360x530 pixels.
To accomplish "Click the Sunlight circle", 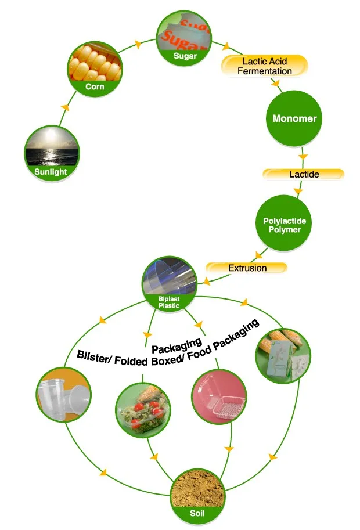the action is point(52,153).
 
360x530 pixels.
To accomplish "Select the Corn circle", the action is point(95,68).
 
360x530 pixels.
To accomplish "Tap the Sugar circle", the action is point(184,38).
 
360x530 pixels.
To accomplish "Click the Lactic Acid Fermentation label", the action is point(265,66).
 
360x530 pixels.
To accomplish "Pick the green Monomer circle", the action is point(294,118).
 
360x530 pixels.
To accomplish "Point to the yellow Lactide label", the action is point(304,174).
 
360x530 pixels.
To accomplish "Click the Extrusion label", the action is point(247,268).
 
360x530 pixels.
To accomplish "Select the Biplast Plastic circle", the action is point(169,284).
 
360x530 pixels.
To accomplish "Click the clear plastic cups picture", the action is point(63,395).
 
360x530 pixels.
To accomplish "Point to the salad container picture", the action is point(143,410).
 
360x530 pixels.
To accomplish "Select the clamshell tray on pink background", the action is point(219,396).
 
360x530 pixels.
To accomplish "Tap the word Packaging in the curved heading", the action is point(177,345).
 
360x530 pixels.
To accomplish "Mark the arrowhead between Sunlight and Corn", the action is point(65,107).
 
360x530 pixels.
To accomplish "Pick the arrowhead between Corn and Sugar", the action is point(138,44).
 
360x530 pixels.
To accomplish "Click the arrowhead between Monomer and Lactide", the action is point(303,157).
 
